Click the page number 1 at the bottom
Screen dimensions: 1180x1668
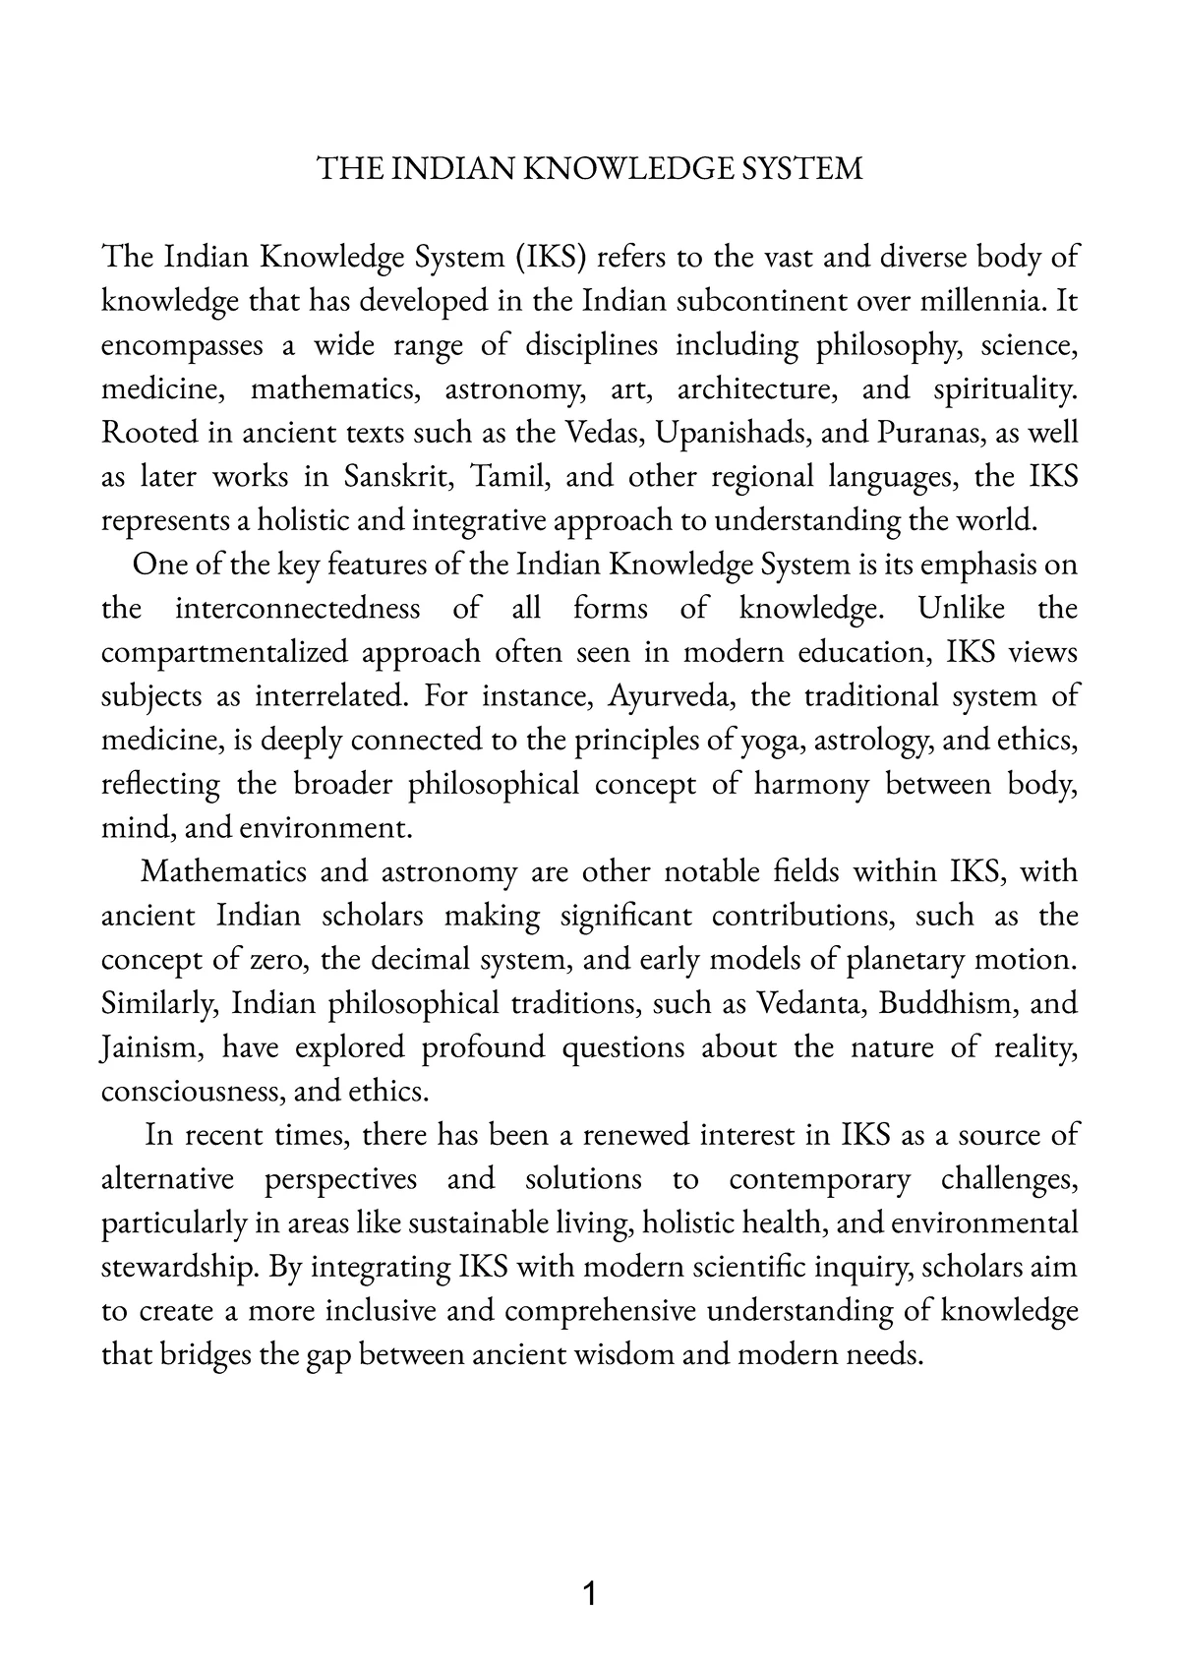(x=589, y=1593)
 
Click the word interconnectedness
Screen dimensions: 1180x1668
(x=297, y=609)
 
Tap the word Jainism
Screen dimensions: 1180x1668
(x=151, y=1048)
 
